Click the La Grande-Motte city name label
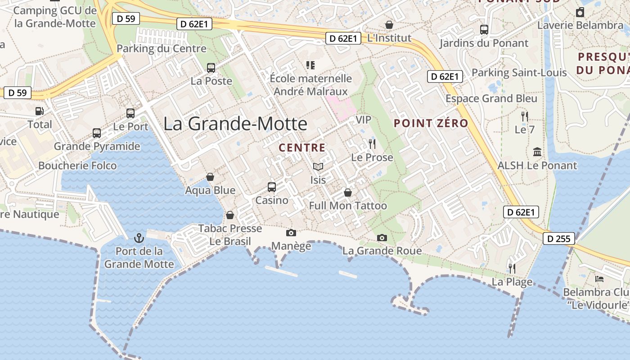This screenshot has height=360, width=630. click(235, 123)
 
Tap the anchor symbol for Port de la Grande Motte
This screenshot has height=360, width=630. click(139, 238)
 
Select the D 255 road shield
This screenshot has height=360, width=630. click(559, 238)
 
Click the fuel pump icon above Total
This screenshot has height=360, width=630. click(40, 111)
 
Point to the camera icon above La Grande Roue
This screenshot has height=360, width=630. click(382, 238)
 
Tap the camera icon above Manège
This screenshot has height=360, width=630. click(291, 233)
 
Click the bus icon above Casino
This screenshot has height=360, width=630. click(272, 187)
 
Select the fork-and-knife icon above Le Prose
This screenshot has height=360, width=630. click(372, 144)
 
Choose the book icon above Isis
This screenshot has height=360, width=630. click(318, 167)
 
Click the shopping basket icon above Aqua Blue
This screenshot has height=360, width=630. click(210, 177)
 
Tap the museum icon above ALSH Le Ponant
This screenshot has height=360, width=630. click(537, 152)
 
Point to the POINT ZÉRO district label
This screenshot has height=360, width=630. click(431, 123)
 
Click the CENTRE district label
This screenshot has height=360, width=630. click(302, 148)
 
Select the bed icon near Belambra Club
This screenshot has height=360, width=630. click(599, 279)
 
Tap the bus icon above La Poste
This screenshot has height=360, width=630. click(211, 68)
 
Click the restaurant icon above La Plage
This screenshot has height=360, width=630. click(512, 269)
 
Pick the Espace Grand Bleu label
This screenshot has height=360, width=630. click(491, 99)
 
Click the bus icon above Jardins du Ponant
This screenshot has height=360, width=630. click(484, 30)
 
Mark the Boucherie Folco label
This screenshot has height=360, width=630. click(77, 166)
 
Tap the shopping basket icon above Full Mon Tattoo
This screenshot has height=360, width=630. click(348, 193)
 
